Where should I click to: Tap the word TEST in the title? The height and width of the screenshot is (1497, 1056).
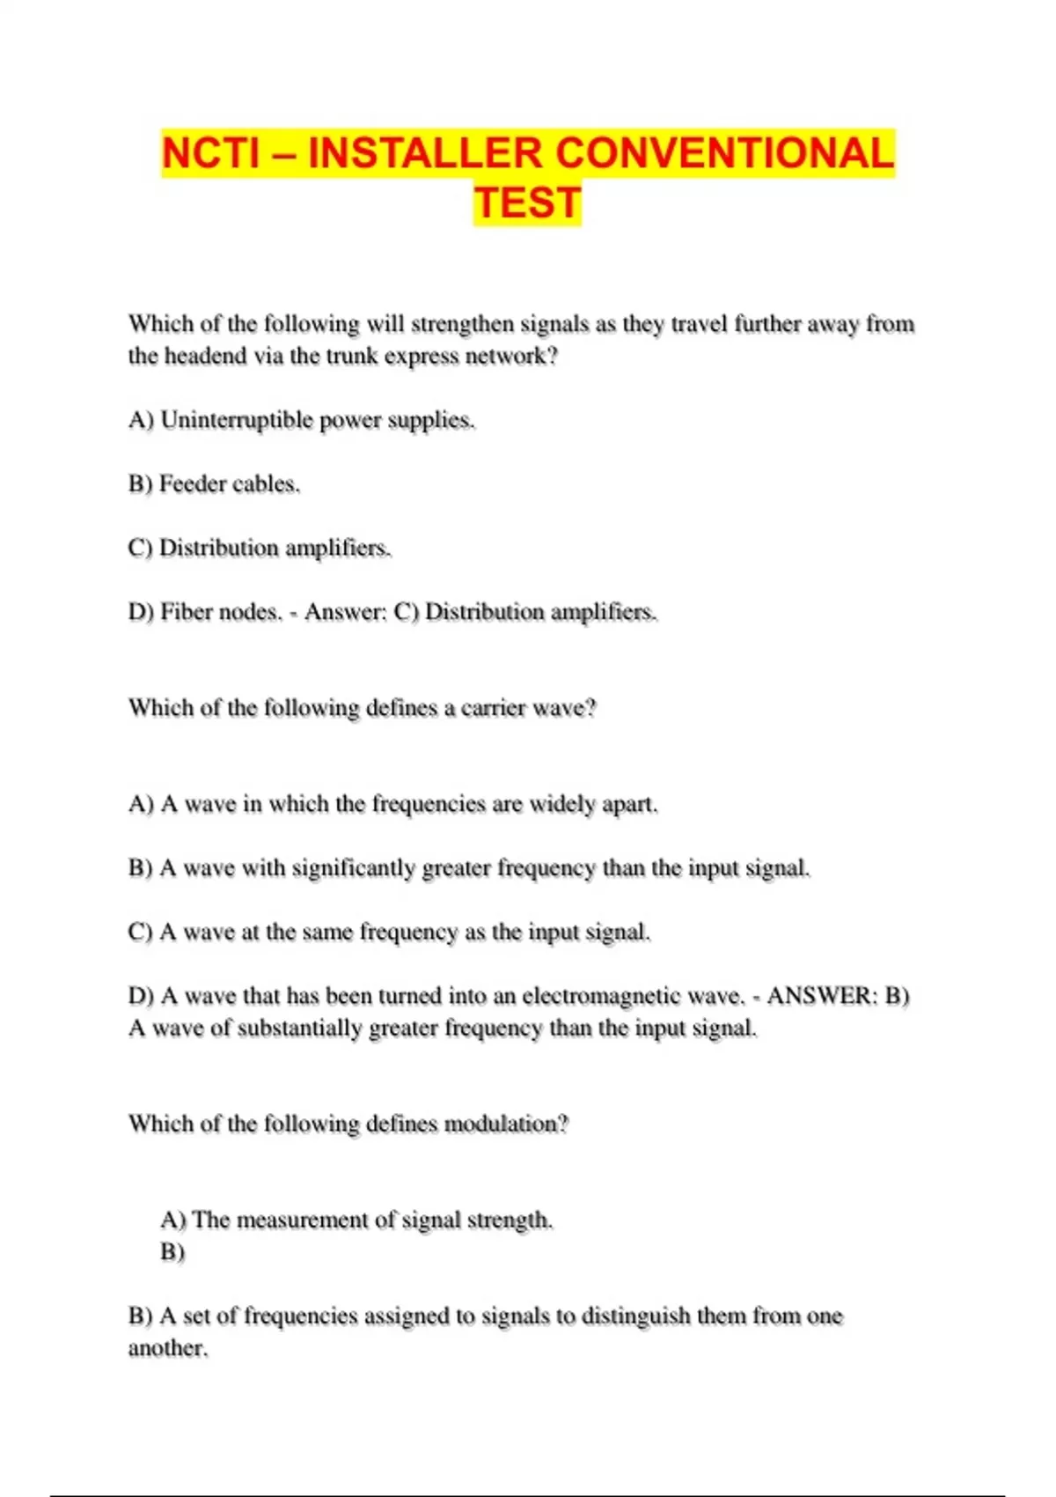pyautogui.click(x=527, y=203)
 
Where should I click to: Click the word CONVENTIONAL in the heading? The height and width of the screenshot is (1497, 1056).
pyautogui.click(x=725, y=153)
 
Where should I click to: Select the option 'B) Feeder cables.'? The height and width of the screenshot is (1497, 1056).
pyautogui.click(x=214, y=484)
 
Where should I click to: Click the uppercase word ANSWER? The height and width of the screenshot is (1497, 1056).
pyautogui.click(x=821, y=996)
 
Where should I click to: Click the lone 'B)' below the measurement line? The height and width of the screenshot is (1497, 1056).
pyautogui.click(x=172, y=1252)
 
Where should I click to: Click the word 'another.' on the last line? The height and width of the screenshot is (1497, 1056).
pyautogui.click(x=168, y=1349)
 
